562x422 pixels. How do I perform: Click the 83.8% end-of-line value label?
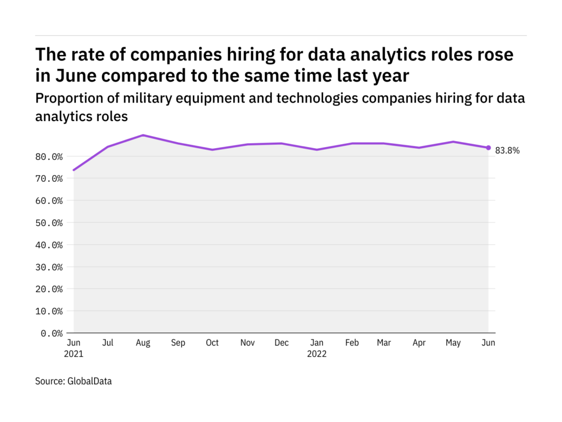pyautogui.click(x=507, y=151)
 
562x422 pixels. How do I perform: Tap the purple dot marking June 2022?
pyautogui.click(x=488, y=148)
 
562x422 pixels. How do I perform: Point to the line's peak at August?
pyautogui.click(x=143, y=135)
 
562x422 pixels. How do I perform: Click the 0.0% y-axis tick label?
pyautogui.click(x=52, y=333)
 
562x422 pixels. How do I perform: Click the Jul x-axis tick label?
pyautogui.click(x=108, y=343)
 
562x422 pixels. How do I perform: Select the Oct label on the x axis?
pyautogui.click(x=212, y=343)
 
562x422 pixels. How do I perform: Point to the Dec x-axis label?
pyautogui.click(x=281, y=343)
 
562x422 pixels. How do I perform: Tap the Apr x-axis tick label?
pyautogui.click(x=420, y=343)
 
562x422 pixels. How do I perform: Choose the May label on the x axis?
pyautogui.click(x=454, y=343)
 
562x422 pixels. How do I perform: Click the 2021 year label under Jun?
pyautogui.click(x=74, y=354)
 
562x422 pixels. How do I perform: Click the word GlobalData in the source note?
pyautogui.click(x=89, y=381)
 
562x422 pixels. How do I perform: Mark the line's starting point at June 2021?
pyautogui.click(x=74, y=170)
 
